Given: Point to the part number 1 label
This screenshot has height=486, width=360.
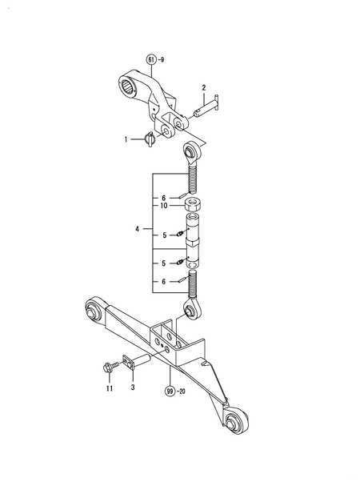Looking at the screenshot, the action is click(x=126, y=139).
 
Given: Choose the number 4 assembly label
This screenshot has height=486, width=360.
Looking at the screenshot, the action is click(x=137, y=230).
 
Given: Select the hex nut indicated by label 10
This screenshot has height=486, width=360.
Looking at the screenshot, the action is click(x=192, y=206).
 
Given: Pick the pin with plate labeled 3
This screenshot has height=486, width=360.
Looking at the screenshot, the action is click(x=131, y=361).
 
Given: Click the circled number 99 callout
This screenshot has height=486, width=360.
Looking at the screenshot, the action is click(x=170, y=392).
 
